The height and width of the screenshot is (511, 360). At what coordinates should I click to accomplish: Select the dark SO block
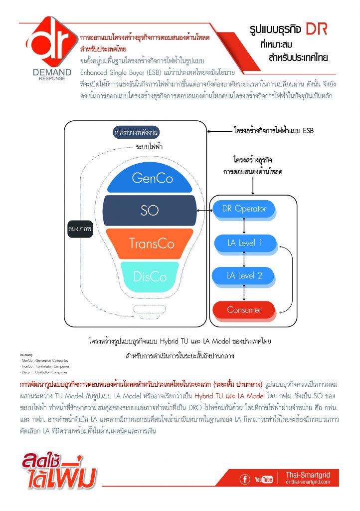tap(150, 211)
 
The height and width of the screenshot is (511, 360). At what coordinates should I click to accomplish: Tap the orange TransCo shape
tap(151, 243)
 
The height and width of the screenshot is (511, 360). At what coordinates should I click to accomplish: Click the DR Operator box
tap(244, 209)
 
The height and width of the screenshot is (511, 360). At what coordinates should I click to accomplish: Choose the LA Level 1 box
tap(244, 243)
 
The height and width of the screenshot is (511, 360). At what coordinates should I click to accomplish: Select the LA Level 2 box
tap(244, 275)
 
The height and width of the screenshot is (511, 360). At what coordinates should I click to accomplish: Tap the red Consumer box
tap(244, 310)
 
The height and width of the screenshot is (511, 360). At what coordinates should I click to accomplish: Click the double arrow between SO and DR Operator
tap(204, 211)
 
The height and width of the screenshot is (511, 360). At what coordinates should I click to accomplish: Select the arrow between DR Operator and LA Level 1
tap(244, 226)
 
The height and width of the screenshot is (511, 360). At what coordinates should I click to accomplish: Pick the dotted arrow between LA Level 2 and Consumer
tap(244, 292)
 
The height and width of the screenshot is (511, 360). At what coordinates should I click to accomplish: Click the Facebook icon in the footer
tap(245, 480)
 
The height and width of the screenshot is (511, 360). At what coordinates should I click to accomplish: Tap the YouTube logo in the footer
tap(264, 480)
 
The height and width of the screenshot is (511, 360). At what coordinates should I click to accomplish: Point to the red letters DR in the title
tap(317, 29)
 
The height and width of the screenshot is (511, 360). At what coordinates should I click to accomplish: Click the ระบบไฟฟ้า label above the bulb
tap(150, 147)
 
